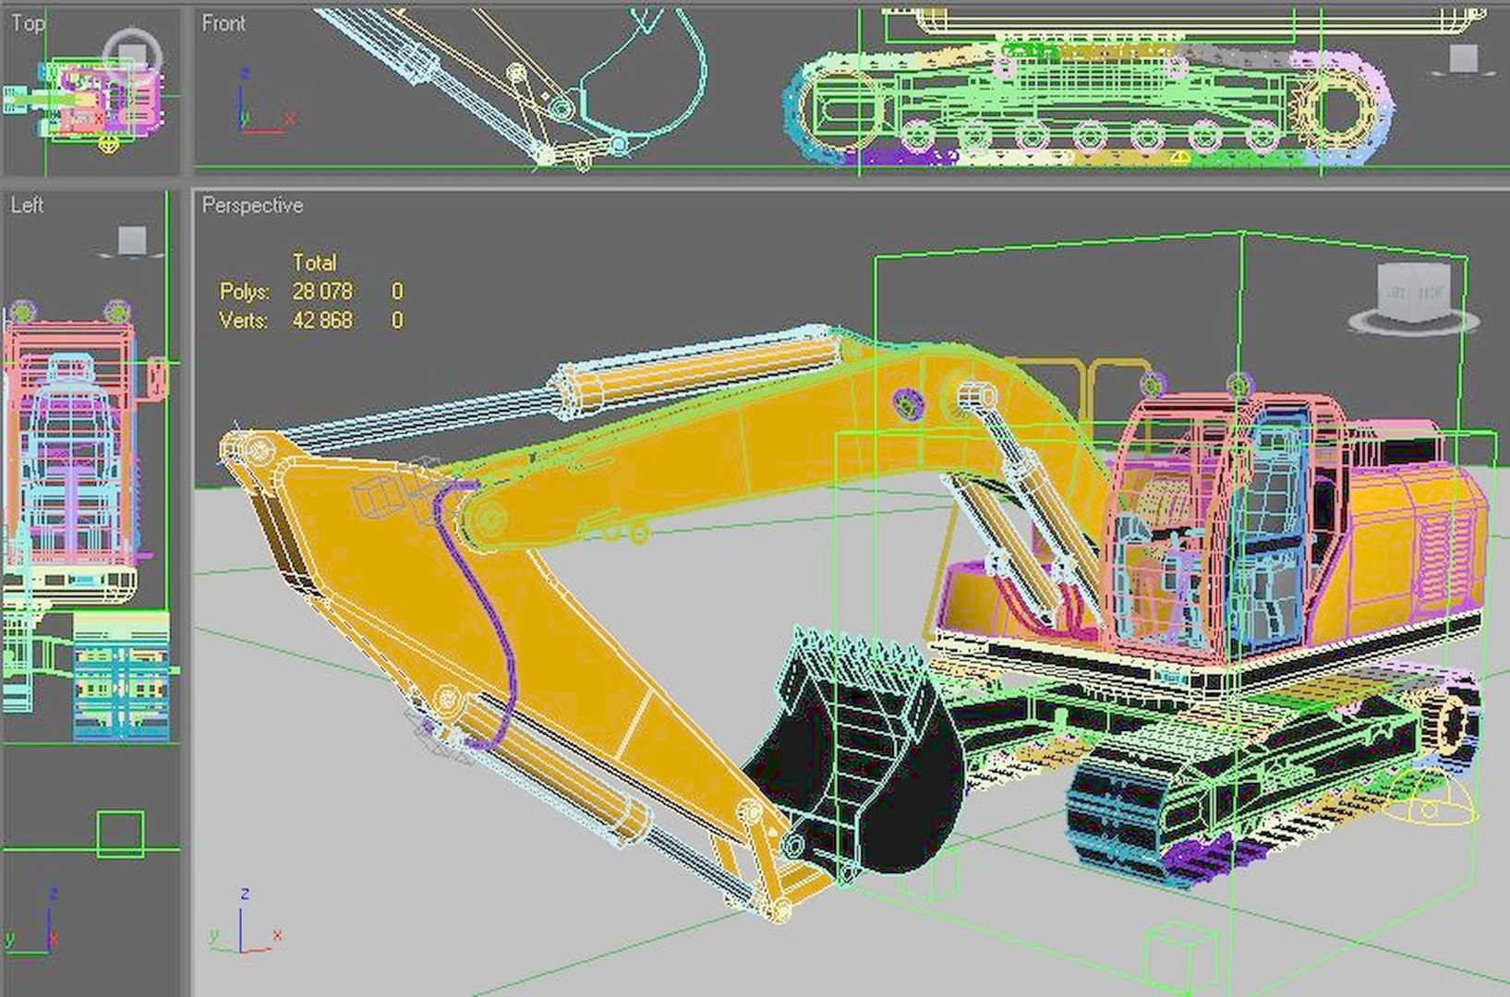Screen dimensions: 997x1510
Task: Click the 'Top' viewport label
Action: (27, 23)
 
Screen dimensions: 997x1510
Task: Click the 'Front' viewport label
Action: (223, 23)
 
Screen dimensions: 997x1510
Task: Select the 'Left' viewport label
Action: (27, 205)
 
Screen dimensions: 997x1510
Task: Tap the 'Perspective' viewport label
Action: (252, 205)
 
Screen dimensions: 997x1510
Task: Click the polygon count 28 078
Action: (322, 292)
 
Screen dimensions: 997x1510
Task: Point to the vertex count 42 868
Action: (322, 321)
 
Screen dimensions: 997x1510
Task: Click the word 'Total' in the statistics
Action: (314, 262)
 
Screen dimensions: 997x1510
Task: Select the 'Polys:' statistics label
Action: (244, 292)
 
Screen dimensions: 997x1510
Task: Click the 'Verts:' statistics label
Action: (244, 321)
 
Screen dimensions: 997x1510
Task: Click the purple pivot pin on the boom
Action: (908, 402)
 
